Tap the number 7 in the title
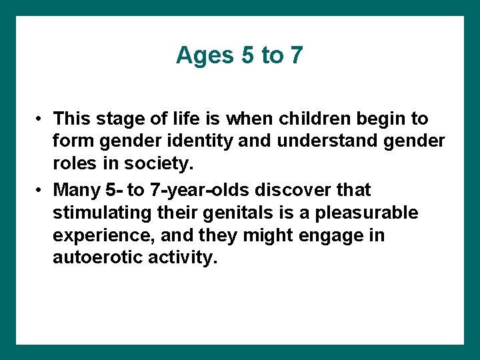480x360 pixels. pos(296,56)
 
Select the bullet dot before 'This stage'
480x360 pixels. pos(41,119)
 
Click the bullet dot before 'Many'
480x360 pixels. pos(41,191)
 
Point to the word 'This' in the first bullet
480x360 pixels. pos(72,119)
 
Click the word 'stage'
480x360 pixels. pos(120,120)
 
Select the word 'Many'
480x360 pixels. pos(77,191)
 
